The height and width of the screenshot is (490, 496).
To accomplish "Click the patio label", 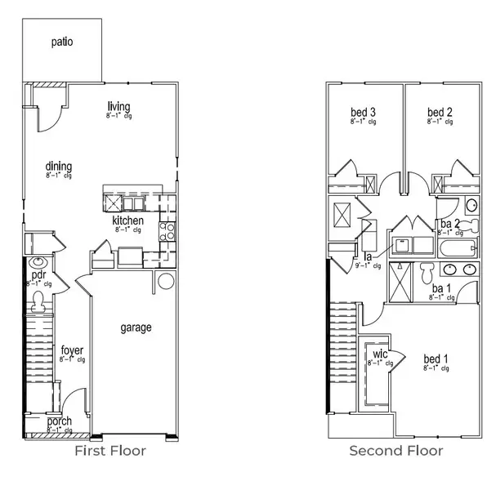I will [x=62, y=41].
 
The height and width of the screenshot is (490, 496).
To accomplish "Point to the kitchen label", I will [x=128, y=220].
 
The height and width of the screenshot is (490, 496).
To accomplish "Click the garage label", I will [x=136, y=327].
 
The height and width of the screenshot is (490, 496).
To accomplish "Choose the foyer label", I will [x=72, y=351].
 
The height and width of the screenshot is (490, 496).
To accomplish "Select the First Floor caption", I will [x=110, y=451].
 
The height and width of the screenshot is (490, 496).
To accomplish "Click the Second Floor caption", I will [x=396, y=451].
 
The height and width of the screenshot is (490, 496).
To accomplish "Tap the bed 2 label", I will [x=440, y=112].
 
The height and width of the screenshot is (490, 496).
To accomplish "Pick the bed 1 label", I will [x=436, y=359].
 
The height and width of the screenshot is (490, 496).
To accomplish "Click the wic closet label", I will [x=381, y=353].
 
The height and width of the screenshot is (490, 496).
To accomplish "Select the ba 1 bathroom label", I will [x=442, y=289].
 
